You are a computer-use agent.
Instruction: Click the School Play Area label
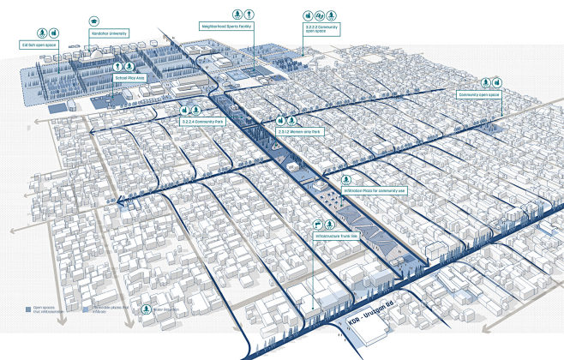(x=129, y=77)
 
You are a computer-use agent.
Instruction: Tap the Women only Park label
(x=297, y=132)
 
